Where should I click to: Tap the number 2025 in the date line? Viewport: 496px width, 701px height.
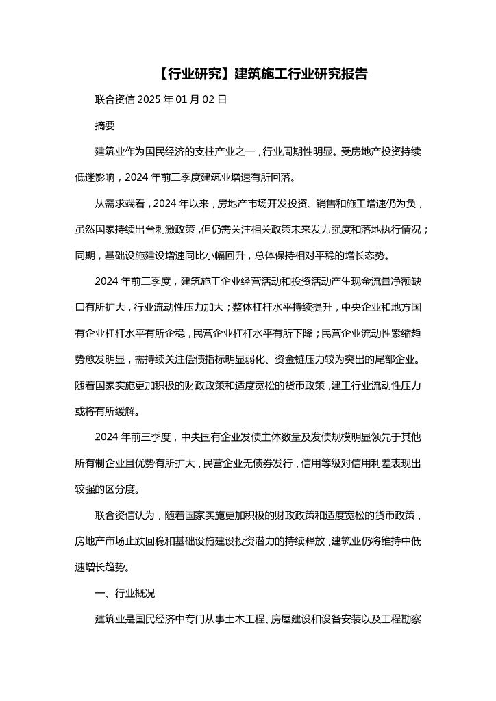[149, 99]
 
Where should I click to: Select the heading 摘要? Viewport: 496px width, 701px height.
[105, 125]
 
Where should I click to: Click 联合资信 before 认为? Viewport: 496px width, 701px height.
[114, 515]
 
